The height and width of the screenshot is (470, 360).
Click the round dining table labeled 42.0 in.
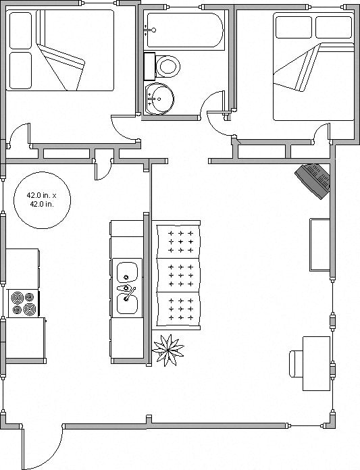coord(43,201)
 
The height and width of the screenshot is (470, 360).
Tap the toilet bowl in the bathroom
coord(168,66)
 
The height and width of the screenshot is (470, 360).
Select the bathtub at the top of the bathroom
coord(184,30)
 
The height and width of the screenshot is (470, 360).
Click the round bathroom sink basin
coord(159,99)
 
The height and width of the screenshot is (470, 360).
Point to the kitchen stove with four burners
coord(24,303)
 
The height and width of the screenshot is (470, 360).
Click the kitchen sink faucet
coord(130,294)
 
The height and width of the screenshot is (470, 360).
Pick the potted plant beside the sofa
coord(168,350)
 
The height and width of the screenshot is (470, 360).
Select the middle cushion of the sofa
coord(179,275)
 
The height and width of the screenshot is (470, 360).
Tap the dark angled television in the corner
coord(313,181)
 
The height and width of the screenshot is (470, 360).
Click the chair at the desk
coord(296,363)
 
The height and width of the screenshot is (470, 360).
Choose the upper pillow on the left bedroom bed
coord(20,30)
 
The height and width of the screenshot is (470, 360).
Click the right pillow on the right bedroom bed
coord(334,27)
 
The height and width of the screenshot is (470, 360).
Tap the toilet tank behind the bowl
coord(149,66)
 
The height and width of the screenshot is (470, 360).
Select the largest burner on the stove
coord(30,309)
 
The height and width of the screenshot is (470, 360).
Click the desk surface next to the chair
coord(317,363)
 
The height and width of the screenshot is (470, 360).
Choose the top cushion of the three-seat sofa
coord(179,241)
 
